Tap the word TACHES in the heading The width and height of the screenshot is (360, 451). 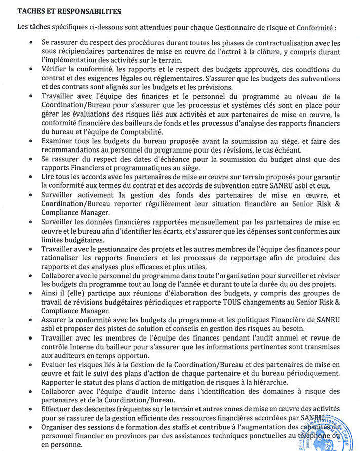tap(31, 10)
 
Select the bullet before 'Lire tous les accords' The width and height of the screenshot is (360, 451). tap(31, 177)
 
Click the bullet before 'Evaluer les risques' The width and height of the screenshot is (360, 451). tap(31, 365)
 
